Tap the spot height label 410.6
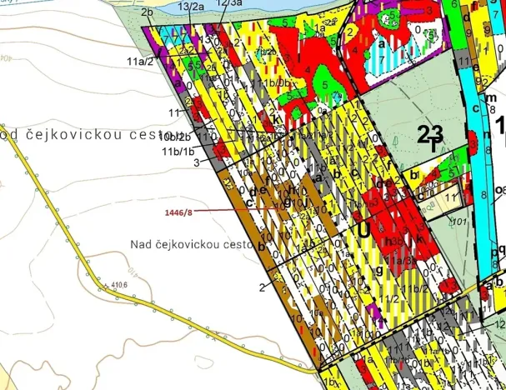[118, 286]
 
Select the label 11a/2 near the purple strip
[140, 60]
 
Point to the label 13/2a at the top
[191, 6]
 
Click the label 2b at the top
[148, 12]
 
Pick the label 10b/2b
[177, 136]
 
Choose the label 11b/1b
[178, 152]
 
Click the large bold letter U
[363, 227]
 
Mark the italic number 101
[457, 222]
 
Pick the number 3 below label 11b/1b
[196, 164]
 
